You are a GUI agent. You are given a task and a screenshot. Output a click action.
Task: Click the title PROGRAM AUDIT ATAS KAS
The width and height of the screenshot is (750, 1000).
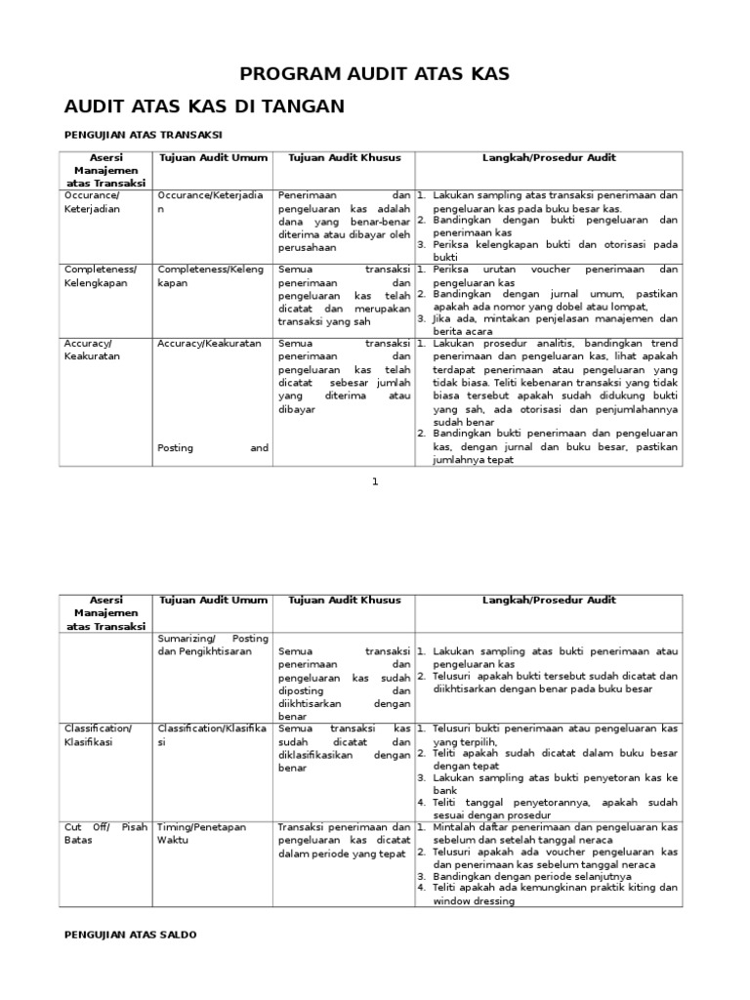[375, 74]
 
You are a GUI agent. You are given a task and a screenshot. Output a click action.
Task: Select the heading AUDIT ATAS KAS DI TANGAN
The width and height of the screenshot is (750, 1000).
[204, 105]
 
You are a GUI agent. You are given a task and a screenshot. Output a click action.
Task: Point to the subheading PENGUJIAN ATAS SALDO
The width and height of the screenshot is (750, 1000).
[130, 935]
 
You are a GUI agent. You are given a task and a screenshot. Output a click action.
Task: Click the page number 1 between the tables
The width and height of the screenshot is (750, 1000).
[374, 481]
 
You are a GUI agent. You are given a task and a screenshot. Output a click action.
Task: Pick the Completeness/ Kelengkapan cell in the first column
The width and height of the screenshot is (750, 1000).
[101, 275]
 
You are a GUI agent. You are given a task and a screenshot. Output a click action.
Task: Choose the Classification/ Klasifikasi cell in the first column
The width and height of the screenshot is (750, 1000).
[98, 735]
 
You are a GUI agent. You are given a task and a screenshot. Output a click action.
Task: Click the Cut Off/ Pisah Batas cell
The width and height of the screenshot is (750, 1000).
[105, 832]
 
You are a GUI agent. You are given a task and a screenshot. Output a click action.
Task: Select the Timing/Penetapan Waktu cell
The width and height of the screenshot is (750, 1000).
[200, 832]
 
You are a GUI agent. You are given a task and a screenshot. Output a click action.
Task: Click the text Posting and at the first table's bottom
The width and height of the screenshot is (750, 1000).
[212, 447]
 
